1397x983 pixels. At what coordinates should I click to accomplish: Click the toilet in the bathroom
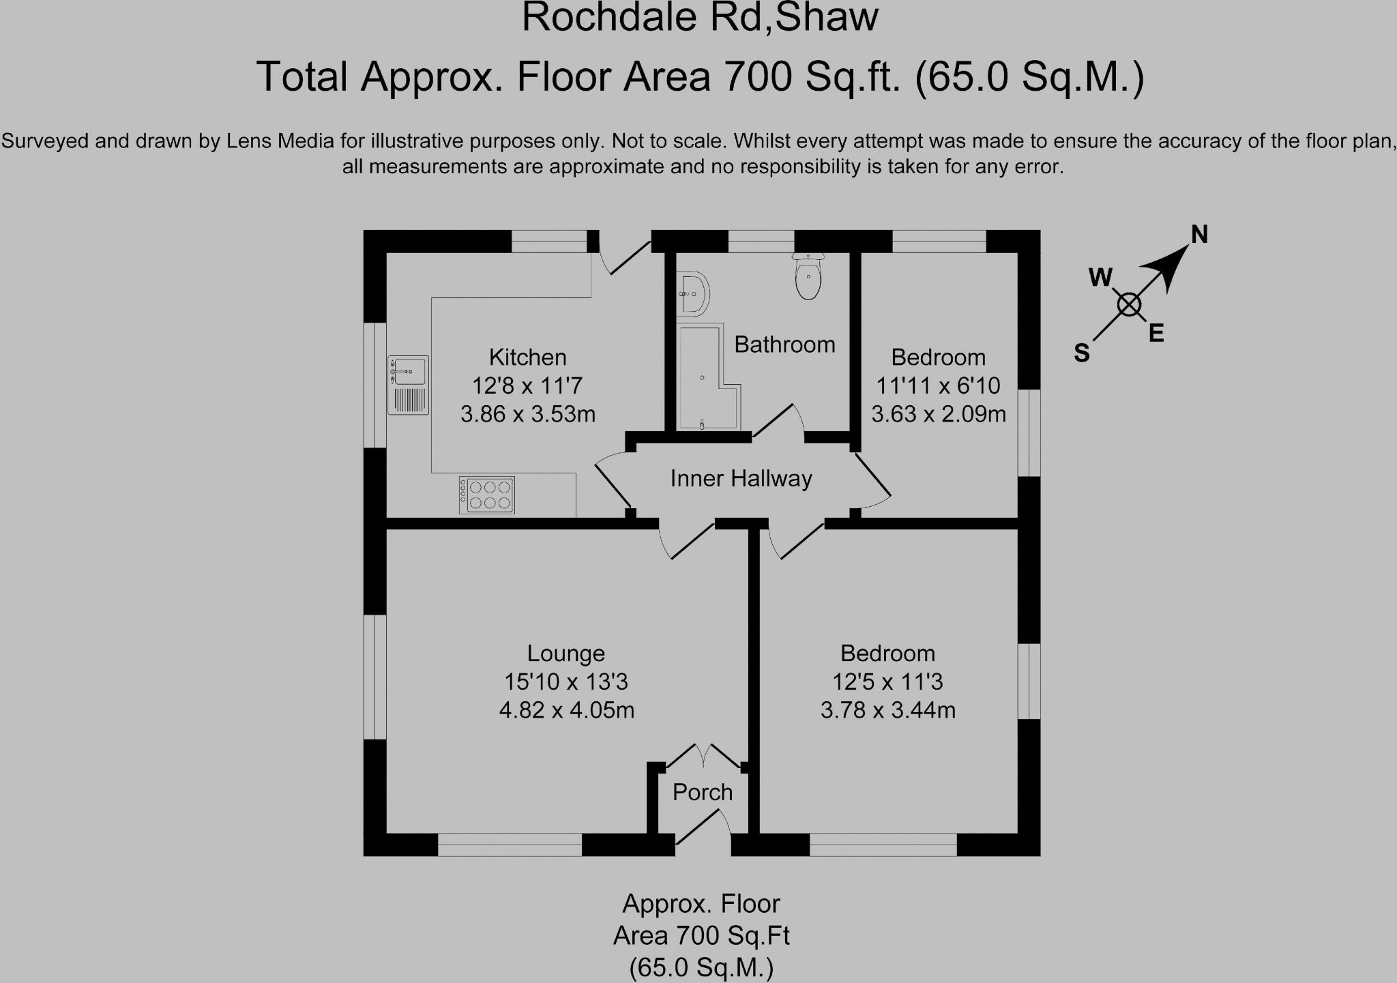coord(809,278)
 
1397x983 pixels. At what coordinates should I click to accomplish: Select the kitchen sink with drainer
coord(408,385)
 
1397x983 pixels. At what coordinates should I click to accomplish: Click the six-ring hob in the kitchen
coord(487,495)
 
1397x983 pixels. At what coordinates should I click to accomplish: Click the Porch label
coord(702,792)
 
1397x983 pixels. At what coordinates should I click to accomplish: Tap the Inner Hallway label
coord(741,479)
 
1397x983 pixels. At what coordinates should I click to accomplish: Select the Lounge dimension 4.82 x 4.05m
coord(566,710)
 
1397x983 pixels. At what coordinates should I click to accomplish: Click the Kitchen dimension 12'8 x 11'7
coord(527,386)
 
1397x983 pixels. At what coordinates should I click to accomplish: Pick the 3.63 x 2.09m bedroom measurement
coord(938,414)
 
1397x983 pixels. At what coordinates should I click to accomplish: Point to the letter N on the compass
coord(1199,235)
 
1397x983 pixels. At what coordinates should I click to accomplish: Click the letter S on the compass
coord(1081,353)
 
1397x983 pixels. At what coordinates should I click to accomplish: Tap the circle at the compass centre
coord(1129,305)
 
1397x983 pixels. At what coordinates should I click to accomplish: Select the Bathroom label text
coord(784,344)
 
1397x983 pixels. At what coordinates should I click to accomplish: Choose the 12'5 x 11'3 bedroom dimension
coord(887,681)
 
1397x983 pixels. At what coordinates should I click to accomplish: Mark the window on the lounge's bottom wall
coord(510,845)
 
